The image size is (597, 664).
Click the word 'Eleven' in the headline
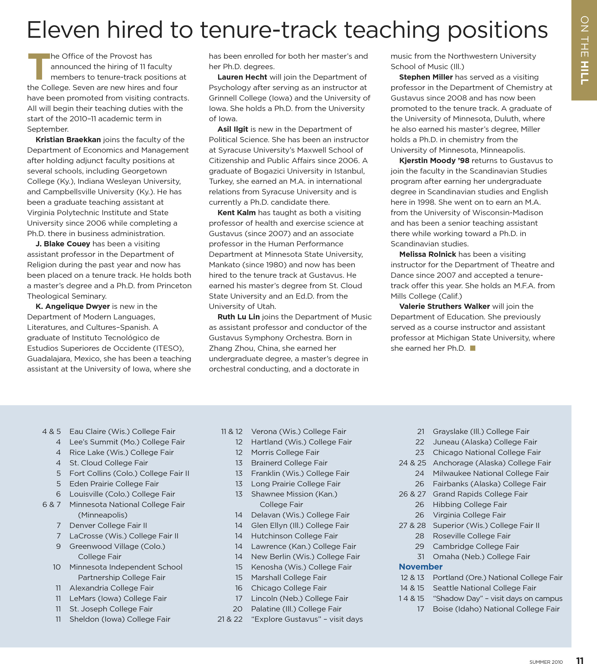(x=63, y=30)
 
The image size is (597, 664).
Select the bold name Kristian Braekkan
(x=68, y=140)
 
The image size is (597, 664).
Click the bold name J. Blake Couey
(x=63, y=244)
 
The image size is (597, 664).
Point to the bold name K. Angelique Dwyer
(x=73, y=306)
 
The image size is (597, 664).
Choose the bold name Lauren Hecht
(x=242, y=77)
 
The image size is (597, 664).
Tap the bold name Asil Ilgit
(x=233, y=129)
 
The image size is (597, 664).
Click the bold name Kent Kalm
(x=237, y=213)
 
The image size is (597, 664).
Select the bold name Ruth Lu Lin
(x=239, y=317)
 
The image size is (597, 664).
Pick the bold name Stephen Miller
(x=426, y=77)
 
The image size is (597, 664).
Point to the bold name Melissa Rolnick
(x=427, y=254)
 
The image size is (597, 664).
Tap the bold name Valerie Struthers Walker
(x=444, y=306)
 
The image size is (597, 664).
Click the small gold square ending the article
(x=473, y=348)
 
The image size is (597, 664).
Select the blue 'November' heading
(x=421, y=567)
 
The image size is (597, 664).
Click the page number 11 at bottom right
(x=580, y=660)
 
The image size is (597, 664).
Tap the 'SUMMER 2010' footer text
(x=546, y=662)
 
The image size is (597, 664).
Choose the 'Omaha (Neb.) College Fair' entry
(x=481, y=556)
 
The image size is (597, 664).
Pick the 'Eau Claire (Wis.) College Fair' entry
(x=122, y=431)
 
